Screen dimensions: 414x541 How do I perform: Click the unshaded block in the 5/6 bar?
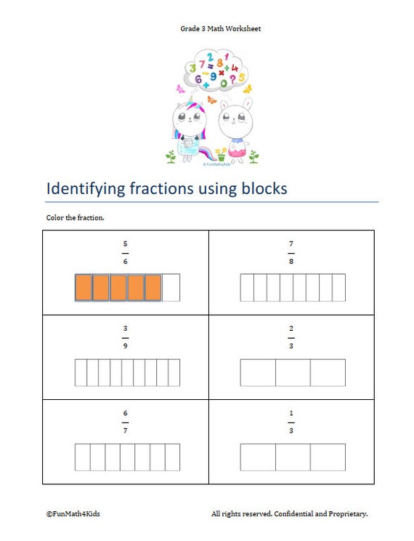pos(171,287)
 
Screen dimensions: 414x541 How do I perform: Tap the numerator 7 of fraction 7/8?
pos(291,244)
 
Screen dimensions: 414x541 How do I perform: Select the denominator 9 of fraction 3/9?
pos(125,345)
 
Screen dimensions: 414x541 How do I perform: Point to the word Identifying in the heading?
pos(86,189)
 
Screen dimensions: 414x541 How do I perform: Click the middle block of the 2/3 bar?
pos(293,372)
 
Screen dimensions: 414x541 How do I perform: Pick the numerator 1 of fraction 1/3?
pos(291,412)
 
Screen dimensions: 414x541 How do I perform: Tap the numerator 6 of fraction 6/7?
pos(125,412)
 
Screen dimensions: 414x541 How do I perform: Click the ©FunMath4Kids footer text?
pos(73,514)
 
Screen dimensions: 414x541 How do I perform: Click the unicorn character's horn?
pos(190,100)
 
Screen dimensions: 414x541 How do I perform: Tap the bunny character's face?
pos(235,120)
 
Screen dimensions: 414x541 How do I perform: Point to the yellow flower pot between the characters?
pos(221,155)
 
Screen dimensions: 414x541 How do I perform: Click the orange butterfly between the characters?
pos(212,100)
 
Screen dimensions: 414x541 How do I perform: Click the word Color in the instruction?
pos(54,217)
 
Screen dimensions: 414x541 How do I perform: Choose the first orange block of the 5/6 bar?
pos(84,287)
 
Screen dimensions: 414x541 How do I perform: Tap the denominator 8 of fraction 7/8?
pos(291,261)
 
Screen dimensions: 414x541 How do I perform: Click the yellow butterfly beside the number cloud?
pos(247,89)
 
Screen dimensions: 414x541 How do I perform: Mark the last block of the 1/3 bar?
pos(328,457)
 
